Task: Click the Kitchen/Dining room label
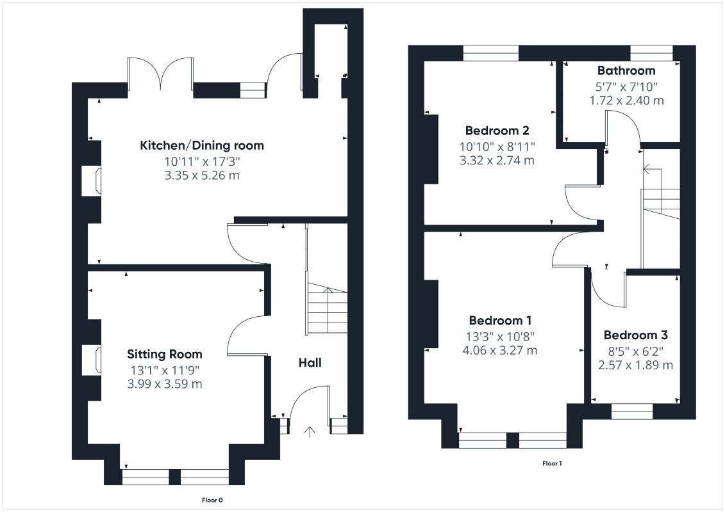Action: tap(201, 145)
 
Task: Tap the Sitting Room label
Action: tap(165, 354)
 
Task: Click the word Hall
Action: tap(310, 362)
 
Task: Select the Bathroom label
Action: tap(626, 70)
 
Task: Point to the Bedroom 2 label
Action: tap(497, 130)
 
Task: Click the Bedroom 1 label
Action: tap(500, 320)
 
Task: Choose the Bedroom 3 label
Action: tap(635, 335)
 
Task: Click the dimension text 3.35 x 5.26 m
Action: tap(201, 175)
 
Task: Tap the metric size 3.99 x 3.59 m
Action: tap(165, 384)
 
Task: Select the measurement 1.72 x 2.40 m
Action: tap(626, 100)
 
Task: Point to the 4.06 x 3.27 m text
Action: tap(500, 350)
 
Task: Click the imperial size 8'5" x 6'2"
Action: tap(635, 351)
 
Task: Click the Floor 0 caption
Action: tap(213, 500)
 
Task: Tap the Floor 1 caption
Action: tap(552, 463)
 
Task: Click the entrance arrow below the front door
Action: tap(310, 431)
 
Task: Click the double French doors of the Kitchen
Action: tap(160, 73)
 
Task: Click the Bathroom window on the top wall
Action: tap(652, 53)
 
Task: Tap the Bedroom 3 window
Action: tap(632, 412)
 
